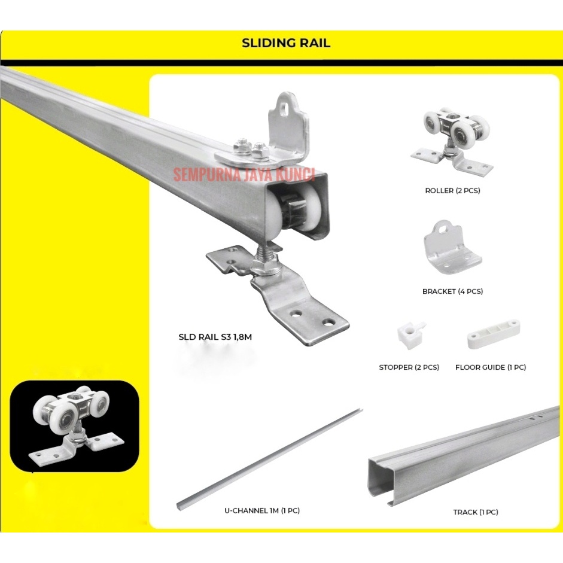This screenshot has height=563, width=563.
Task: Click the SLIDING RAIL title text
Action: point(285,43)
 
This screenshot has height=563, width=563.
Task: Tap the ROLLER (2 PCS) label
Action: point(452,191)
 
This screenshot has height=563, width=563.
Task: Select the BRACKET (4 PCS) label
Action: point(452,291)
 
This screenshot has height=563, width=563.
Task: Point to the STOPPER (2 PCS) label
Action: point(409,367)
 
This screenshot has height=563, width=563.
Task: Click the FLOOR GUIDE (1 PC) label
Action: point(491,367)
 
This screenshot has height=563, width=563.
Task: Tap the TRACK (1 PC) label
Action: point(476,512)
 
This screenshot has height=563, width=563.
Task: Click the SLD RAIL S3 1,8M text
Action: point(215,337)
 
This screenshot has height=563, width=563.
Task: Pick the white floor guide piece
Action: point(493,334)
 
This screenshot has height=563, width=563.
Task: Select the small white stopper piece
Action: point(410,333)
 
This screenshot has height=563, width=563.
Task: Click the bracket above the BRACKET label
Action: point(452,246)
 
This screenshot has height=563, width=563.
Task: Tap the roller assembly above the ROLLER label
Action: point(452,140)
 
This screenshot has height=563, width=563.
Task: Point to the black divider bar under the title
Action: point(281,62)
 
